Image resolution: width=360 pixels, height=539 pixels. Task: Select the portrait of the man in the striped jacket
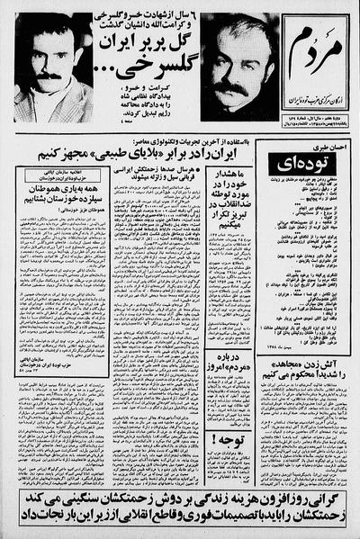click(48, 67)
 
